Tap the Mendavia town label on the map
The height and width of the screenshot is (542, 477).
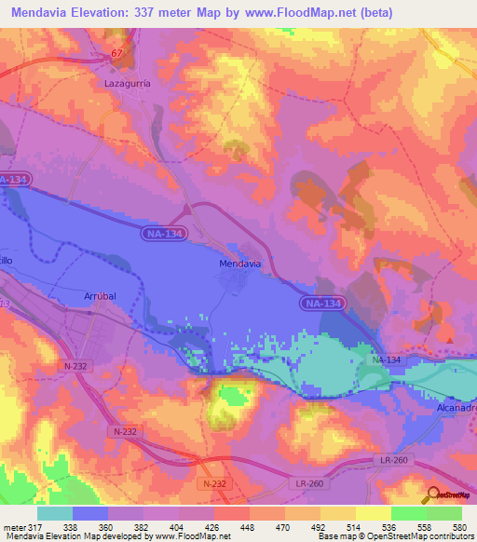coord(239,264)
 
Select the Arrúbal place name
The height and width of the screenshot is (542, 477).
coord(100,295)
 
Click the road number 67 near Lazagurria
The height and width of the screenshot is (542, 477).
coord(116,54)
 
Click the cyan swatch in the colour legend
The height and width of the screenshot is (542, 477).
coord(55,513)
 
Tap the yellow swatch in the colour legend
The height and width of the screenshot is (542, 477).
coord(374,513)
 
